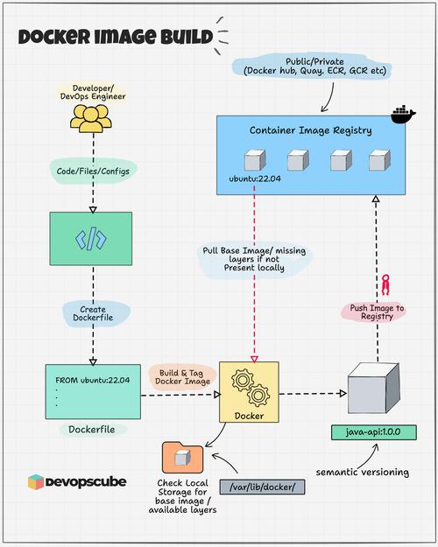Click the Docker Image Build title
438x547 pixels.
[115, 37]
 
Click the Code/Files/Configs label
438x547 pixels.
[90, 172]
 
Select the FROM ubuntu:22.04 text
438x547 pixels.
[92, 379]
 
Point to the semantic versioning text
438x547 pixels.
[361, 473]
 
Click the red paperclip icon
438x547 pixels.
[383, 284]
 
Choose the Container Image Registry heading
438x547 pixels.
[310, 130]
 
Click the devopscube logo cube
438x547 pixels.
[35, 482]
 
